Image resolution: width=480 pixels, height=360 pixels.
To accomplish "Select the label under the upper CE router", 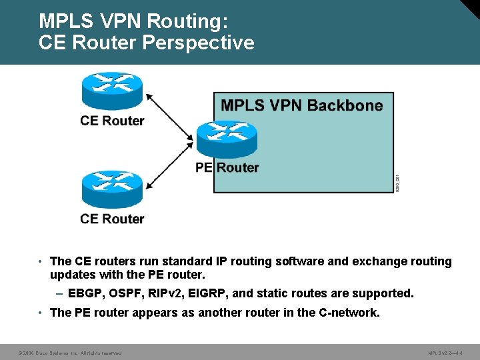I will [112, 121].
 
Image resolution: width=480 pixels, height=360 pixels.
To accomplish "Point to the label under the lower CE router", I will [112, 219].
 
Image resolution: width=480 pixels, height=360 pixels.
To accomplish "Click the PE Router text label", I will [227, 167].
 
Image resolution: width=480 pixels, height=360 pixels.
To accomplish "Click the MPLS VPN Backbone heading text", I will [301, 105].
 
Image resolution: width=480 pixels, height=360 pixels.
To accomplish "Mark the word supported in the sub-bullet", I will [382, 293].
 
